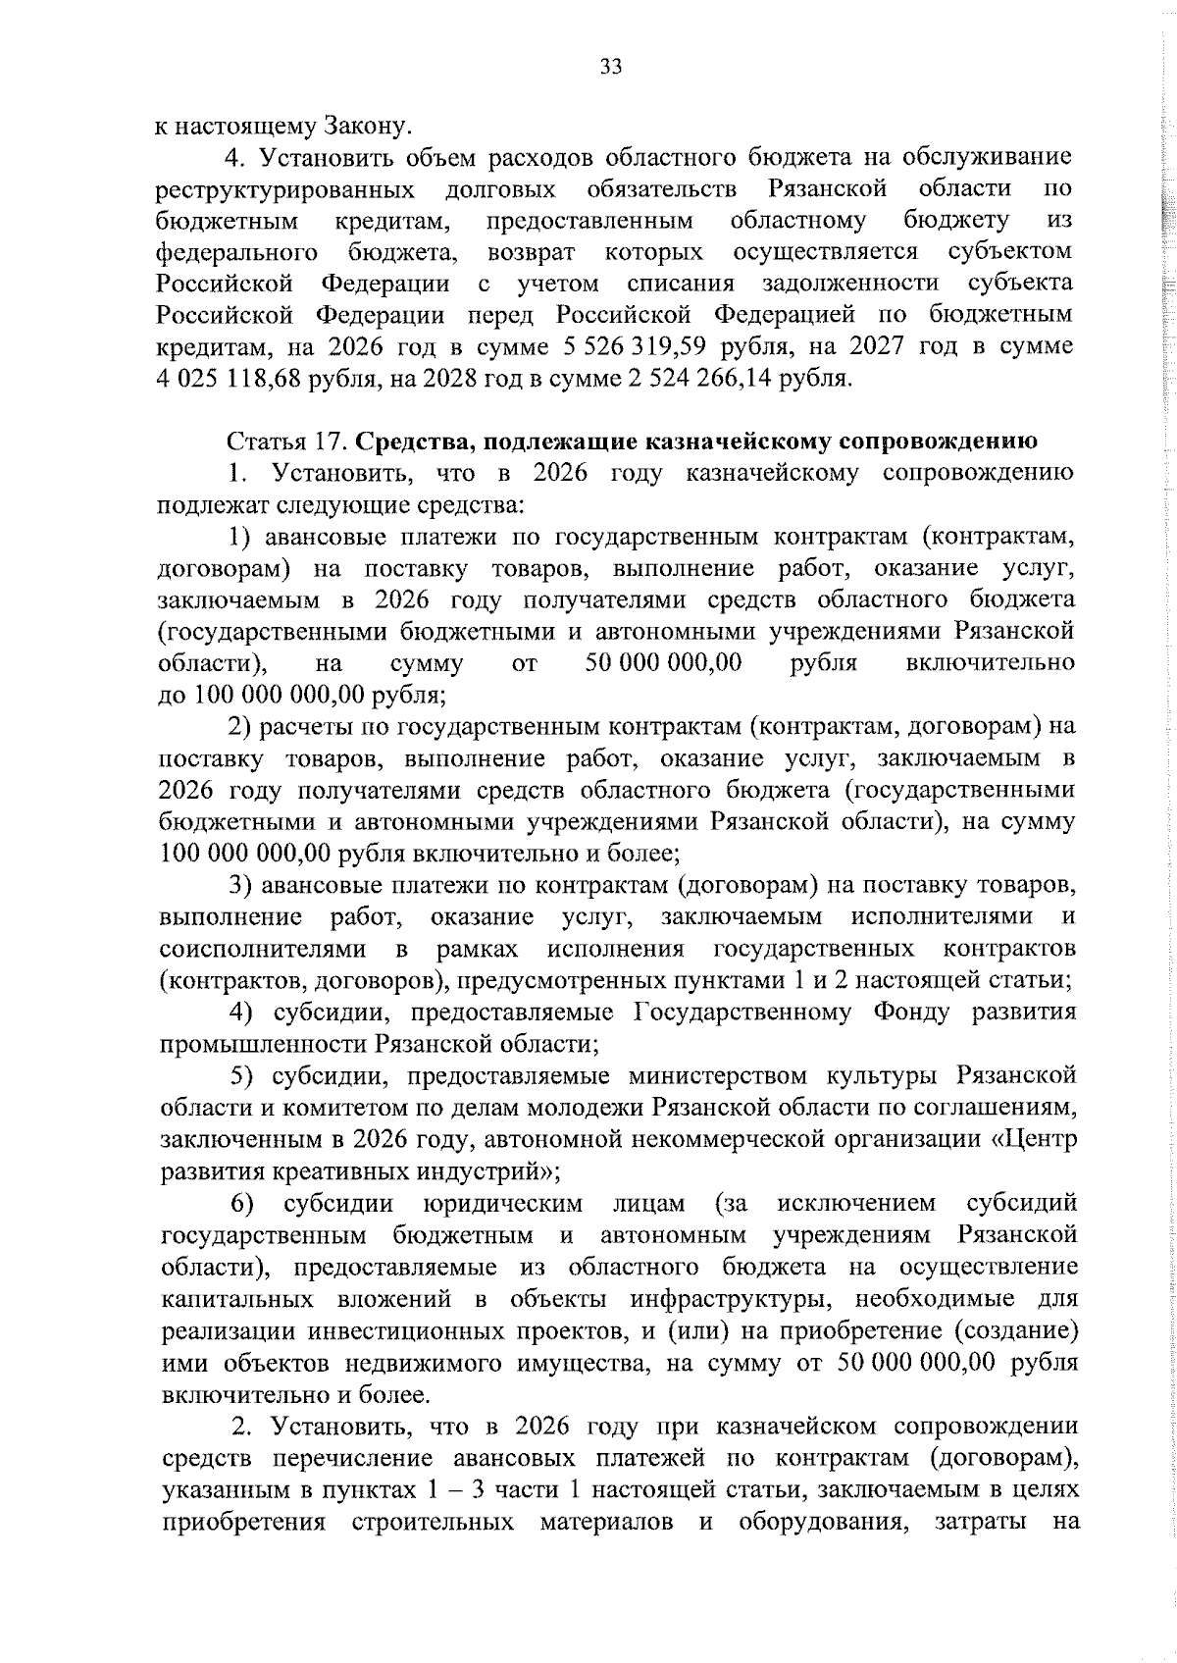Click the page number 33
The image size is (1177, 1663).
(610, 68)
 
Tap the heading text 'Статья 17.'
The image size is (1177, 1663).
(285, 442)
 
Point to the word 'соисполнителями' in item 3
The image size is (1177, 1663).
(263, 949)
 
